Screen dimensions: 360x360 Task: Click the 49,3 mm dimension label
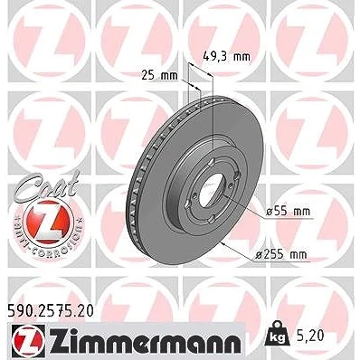pos(226,56)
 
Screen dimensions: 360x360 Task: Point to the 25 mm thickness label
pos(159,76)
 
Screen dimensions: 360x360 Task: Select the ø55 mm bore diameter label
pos(288,212)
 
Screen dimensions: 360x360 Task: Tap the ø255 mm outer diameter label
pos(281,255)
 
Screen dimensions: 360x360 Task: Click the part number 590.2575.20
pos(50,311)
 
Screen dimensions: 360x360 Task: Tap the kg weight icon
pos(277,334)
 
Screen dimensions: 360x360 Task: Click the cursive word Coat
pos(47,185)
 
